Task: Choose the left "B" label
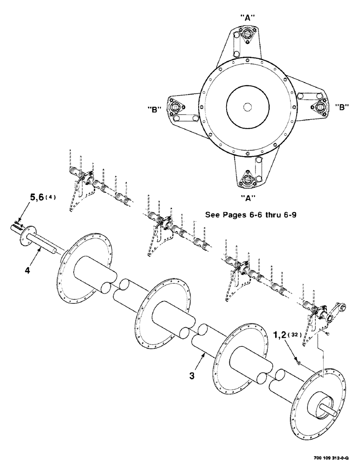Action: (x=154, y=110)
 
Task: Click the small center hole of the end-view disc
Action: (x=247, y=107)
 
